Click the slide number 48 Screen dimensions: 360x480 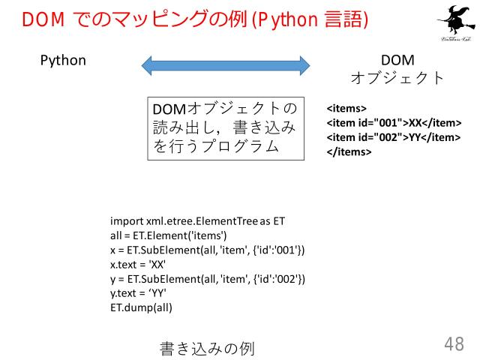[x=454, y=344]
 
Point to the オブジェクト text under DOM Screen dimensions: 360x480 [x=397, y=78]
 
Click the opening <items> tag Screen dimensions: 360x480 [x=346, y=109]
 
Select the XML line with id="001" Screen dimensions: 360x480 [x=393, y=123]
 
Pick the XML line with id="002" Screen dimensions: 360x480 [x=393, y=136]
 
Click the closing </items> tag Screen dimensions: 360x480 [x=348, y=151]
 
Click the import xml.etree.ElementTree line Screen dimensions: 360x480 [x=197, y=221]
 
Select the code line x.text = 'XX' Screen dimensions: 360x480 [x=137, y=265]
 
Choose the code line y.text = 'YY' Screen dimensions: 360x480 [x=138, y=293]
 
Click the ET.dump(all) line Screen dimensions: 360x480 [x=141, y=307]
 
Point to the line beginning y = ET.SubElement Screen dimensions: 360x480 [x=207, y=279]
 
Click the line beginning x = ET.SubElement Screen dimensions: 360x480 [x=207, y=250]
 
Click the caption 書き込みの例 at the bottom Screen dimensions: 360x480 [x=207, y=348]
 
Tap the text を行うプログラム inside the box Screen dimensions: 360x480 [x=216, y=147]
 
